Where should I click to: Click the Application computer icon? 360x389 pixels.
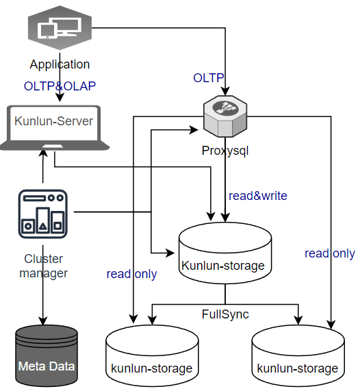click(x=60, y=27)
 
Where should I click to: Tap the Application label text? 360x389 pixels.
click(x=60, y=64)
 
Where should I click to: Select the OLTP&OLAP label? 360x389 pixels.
click(x=60, y=86)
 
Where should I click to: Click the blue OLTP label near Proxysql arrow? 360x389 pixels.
click(x=208, y=78)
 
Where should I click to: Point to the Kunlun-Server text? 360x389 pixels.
click(x=53, y=121)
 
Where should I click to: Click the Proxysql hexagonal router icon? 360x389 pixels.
click(x=225, y=116)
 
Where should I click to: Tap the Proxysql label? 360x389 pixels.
click(x=225, y=151)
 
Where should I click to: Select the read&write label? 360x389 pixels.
click(x=258, y=196)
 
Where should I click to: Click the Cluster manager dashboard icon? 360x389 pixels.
click(x=43, y=214)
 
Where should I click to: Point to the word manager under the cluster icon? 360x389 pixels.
click(x=43, y=273)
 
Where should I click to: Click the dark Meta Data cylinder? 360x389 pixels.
click(x=47, y=355)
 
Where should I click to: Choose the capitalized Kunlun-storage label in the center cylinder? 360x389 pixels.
click(x=223, y=266)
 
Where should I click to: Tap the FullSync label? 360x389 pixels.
click(x=225, y=314)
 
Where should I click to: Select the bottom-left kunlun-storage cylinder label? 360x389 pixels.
click(x=152, y=368)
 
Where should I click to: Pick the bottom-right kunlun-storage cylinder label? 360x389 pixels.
click(x=298, y=368)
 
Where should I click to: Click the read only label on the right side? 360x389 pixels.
click(x=330, y=253)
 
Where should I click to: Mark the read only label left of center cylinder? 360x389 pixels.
click(x=131, y=274)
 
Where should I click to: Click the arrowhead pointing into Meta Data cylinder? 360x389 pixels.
click(x=43, y=321)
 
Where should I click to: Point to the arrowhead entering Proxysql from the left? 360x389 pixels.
click(x=194, y=129)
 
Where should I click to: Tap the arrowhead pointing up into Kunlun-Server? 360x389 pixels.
click(x=43, y=153)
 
